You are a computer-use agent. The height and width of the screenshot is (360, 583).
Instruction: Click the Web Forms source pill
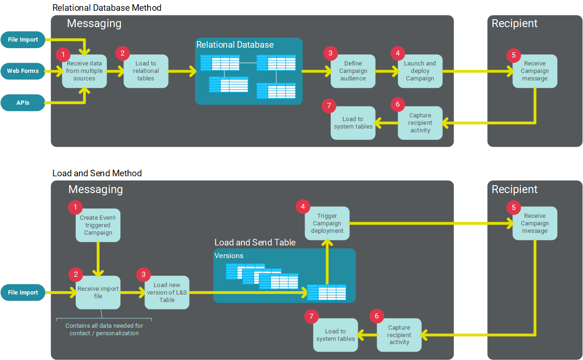[23, 71]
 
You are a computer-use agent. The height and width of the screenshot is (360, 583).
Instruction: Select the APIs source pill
[23, 102]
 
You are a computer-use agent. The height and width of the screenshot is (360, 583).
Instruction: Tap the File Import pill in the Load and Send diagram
[23, 293]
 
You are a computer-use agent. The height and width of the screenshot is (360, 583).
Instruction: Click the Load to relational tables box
[146, 71]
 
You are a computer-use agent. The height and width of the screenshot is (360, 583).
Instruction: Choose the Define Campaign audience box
[353, 71]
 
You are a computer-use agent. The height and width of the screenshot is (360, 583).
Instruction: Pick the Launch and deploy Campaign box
[420, 71]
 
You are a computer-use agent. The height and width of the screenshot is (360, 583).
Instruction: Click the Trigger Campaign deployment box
[327, 223]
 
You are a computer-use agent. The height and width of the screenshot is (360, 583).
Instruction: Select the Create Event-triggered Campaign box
[98, 225]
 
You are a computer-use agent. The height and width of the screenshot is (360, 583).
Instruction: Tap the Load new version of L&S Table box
[167, 293]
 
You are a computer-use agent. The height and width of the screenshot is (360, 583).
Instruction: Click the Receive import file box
[98, 293]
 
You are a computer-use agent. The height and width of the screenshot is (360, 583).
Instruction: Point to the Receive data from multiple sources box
[85, 71]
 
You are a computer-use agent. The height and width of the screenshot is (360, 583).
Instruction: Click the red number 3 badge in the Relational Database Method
[330, 53]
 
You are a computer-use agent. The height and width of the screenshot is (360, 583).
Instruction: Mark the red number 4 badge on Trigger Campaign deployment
[303, 206]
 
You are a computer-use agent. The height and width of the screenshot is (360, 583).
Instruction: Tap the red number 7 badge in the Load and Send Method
[311, 317]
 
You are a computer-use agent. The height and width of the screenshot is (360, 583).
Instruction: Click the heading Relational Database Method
[107, 7]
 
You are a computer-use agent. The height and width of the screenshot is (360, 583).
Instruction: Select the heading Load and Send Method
[97, 173]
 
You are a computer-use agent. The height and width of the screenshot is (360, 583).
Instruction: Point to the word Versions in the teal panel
[229, 256]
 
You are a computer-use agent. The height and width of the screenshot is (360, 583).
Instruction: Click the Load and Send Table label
[255, 242]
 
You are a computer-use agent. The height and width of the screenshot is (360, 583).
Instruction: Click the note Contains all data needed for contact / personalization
[104, 329]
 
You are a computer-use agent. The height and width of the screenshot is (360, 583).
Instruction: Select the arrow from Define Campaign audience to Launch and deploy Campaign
[386, 72]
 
